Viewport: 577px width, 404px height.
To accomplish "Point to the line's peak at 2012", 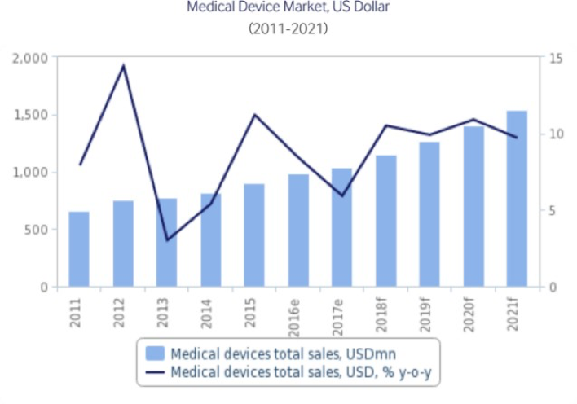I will pos(123,65).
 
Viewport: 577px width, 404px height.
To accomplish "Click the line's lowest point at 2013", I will pos(167,240).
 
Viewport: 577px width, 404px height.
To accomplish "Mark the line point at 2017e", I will pos(342,195).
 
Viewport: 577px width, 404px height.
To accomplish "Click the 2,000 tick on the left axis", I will pos(30,59).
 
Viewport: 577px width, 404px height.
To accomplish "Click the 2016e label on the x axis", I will pos(298,312).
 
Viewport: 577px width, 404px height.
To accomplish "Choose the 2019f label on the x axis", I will pos(429,312).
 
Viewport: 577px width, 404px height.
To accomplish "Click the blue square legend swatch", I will pos(155,353).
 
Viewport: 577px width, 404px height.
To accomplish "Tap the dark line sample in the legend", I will pos(155,372).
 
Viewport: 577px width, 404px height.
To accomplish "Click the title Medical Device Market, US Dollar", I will pos(287,7).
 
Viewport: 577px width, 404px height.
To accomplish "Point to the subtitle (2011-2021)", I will pos(287,29).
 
